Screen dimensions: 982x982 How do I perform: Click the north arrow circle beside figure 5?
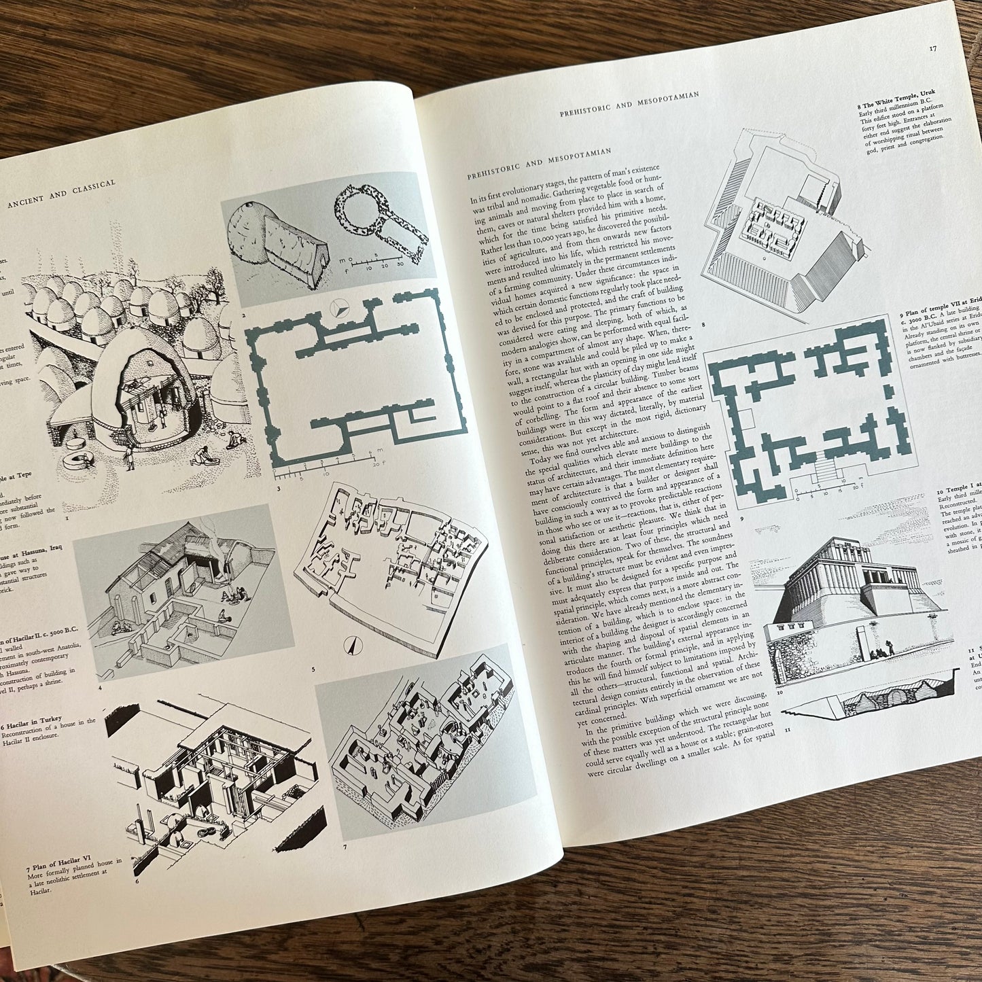(353, 647)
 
